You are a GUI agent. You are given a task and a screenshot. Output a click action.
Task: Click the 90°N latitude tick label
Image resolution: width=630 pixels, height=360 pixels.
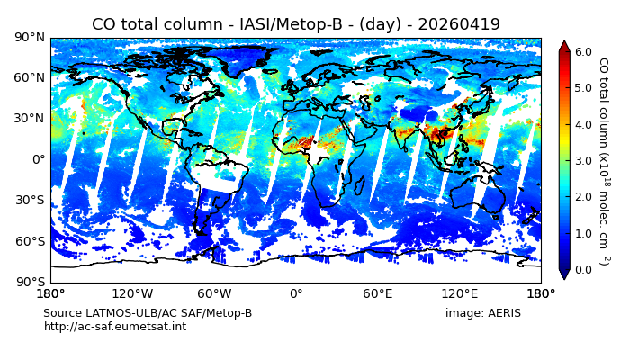coord(30,37)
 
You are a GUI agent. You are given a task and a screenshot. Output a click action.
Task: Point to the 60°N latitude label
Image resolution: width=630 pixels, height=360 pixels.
coord(30,77)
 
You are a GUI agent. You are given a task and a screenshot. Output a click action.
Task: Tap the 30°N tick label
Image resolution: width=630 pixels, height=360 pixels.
coord(30,118)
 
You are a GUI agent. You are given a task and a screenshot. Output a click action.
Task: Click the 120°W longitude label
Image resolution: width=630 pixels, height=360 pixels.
coord(132,293)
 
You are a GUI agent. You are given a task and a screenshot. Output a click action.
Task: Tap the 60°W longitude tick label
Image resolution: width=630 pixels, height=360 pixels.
coord(214,293)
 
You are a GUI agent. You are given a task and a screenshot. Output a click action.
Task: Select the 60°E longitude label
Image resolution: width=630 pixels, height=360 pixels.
coord(378,293)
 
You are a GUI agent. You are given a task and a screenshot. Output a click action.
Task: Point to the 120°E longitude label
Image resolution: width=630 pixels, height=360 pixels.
coord(459,293)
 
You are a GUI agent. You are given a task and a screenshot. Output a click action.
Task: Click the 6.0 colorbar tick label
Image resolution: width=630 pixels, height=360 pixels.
coord(583,51)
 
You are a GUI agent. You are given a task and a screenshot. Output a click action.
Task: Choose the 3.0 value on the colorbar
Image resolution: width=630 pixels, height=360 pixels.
coord(583,160)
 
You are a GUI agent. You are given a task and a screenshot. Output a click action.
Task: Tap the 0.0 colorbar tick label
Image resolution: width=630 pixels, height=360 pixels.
coord(583,269)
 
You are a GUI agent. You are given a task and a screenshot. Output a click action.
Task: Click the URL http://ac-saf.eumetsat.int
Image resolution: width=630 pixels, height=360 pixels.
coord(115,327)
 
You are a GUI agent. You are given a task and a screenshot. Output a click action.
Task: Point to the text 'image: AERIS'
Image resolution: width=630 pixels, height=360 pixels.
coord(482,313)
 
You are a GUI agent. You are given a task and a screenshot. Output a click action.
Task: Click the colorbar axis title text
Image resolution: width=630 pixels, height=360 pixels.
coord(603,160)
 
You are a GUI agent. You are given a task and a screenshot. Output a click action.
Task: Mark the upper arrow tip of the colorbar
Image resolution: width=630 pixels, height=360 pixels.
coord(564,41)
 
